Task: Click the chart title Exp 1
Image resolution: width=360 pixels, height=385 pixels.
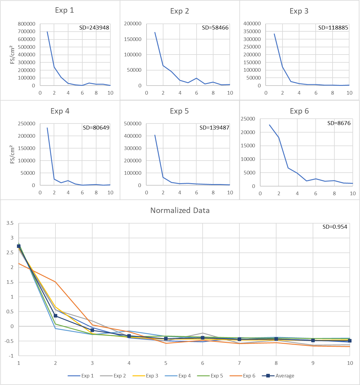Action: pyautogui.click(x=64, y=10)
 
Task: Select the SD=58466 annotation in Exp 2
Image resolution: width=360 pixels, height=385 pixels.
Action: pyautogui.click(x=215, y=28)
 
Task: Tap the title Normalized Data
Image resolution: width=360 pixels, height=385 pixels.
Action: pyautogui.click(x=180, y=210)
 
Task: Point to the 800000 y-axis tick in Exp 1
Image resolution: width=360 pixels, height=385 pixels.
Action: pyautogui.click(x=27, y=24)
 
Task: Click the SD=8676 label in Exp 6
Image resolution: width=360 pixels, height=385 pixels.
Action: pyautogui.click(x=339, y=123)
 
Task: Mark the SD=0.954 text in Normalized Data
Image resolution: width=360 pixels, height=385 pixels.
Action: pyautogui.click(x=335, y=227)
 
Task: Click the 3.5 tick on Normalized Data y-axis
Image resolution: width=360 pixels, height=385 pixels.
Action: pyautogui.click(x=10, y=223)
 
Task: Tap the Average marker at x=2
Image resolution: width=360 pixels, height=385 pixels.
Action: pyautogui.click(x=55, y=316)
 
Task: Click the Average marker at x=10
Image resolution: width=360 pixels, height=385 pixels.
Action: pyautogui.click(x=350, y=341)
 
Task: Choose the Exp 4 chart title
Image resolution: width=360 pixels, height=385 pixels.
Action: pyautogui.click(x=60, y=111)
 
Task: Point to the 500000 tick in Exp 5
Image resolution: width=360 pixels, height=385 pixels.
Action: pyautogui.click(x=133, y=124)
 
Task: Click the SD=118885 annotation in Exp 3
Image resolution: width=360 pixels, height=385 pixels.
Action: pyautogui.click(x=333, y=28)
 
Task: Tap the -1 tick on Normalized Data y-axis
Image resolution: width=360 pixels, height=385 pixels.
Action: pyautogui.click(x=11, y=356)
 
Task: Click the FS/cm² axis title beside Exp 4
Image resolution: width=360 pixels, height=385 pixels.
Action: pyautogui.click(x=12, y=154)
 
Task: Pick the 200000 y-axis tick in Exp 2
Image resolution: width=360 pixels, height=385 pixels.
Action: pyautogui.click(x=133, y=24)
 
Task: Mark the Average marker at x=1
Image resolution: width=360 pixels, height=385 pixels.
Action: pyautogui.click(x=19, y=246)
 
